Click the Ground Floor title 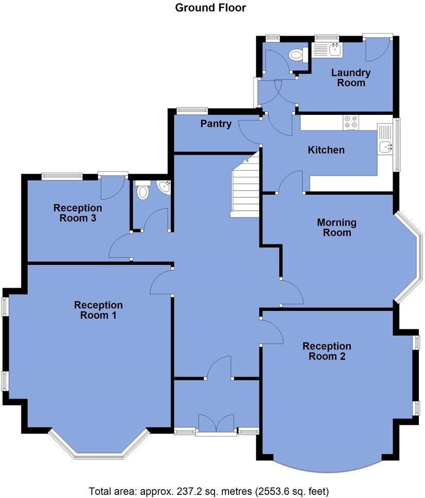pyautogui.click(x=210, y=8)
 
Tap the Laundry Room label pyautogui.click(x=351, y=78)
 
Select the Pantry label pyautogui.click(x=216, y=124)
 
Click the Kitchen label pyautogui.click(x=326, y=150)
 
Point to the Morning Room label pyautogui.click(x=337, y=227)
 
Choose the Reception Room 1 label pyautogui.click(x=98, y=310)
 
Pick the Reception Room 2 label pyautogui.click(x=327, y=351)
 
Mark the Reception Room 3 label pyautogui.click(x=78, y=213)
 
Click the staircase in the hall pyautogui.click(x=245, y=188)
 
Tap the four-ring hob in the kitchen pyautogui.click(x=351, y=122)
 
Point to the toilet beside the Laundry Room pyautogui.click(x=296, y=54)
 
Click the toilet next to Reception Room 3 pyautogui.click(x=142, y=191)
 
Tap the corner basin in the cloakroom pyautogui.click(x=165, y=187)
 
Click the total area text pyautogui.click(x=209, y=490)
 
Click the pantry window pyautogui.click(x=192, y=110)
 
